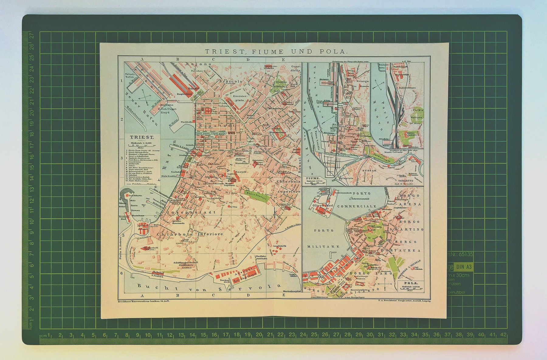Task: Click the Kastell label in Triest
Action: tap(241, 172)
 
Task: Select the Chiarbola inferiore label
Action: tap(190, 234)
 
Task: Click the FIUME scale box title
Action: tap(313, 178)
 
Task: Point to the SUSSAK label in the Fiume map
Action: tap(370, 171)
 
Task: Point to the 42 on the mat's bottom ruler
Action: tap(503, 334)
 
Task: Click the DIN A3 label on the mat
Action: tap(463, 267)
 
